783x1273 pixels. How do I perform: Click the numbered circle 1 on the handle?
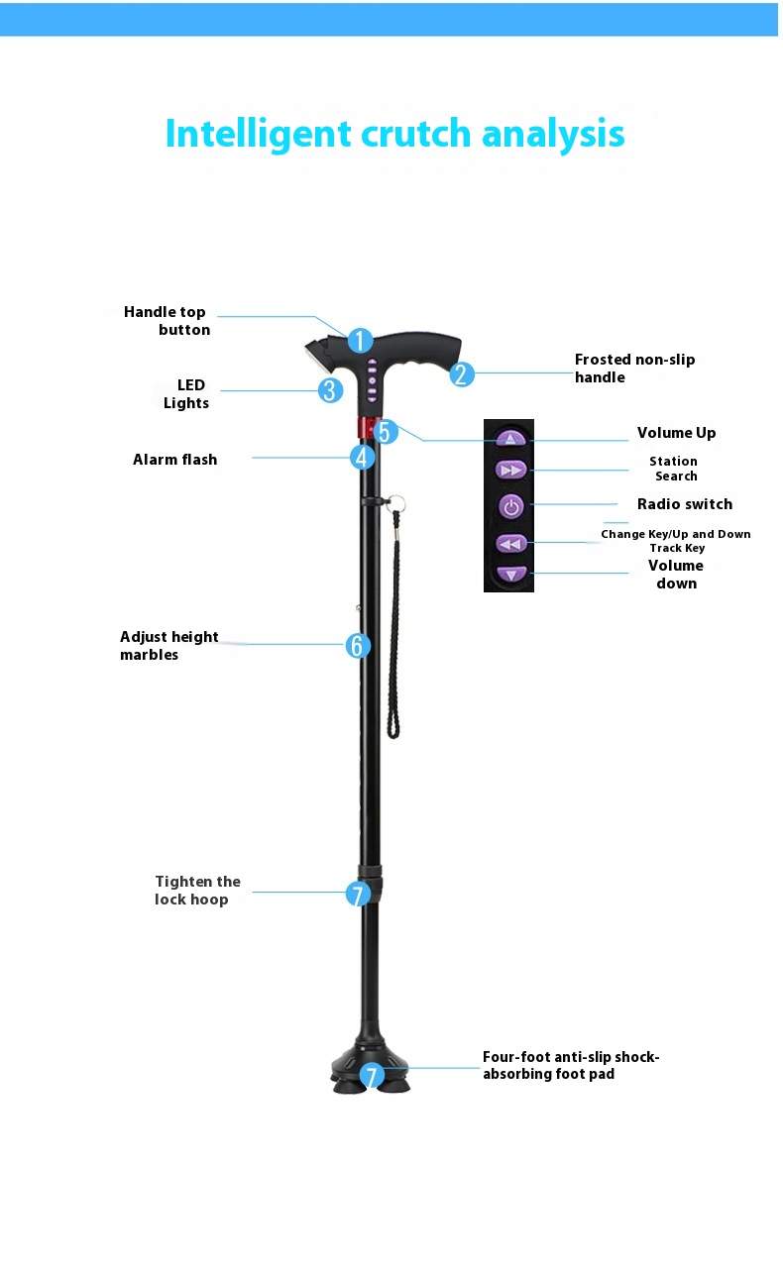[x=360, y=341]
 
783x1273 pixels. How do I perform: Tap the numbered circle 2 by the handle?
[x=461, y=373]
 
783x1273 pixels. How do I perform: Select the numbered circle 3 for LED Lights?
[x=330, y=390]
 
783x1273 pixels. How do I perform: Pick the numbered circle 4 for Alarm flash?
[x=362, y=457]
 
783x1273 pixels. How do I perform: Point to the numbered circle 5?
[x=385, y=432]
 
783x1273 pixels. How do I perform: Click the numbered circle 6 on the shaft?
[x=358, y=646]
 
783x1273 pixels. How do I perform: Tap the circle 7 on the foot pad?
[x=372, y=1076]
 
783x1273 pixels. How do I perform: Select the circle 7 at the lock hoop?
[x=358, y=895]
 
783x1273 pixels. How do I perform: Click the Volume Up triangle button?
[x=510, y=439]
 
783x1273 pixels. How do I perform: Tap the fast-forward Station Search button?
[x=510, y=470]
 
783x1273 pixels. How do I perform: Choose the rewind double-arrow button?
[x=511, y=544]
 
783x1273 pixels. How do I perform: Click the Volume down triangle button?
[x=511, y=574]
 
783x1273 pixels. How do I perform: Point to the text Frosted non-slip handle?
[x=634, y=369]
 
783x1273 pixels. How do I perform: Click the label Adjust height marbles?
[x=168, y=646]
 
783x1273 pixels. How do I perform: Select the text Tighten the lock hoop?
[x=197, y=891]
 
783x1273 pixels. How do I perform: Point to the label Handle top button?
[x=167, y=321]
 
